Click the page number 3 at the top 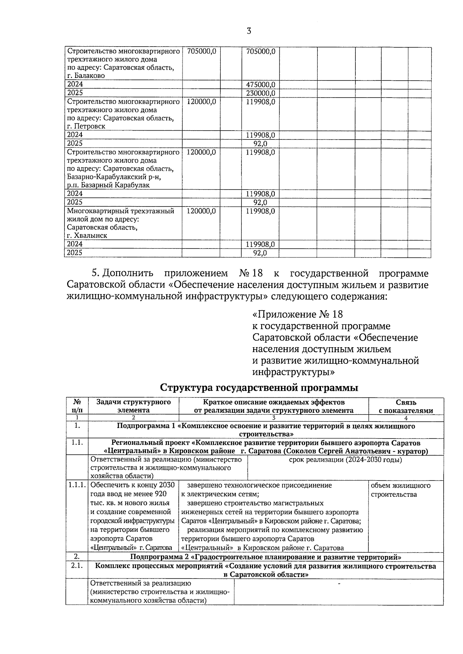pos(248,31)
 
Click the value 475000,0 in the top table pos(260,84)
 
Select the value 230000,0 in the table pos(260,93)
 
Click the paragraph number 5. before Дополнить pos(96,274)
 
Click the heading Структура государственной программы pos(259,388)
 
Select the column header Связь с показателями pos(406,407)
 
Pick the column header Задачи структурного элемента pos(133,407)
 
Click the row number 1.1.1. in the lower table pos(77,486)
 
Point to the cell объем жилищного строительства pos(400,490)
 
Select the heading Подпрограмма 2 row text pos(265,557)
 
